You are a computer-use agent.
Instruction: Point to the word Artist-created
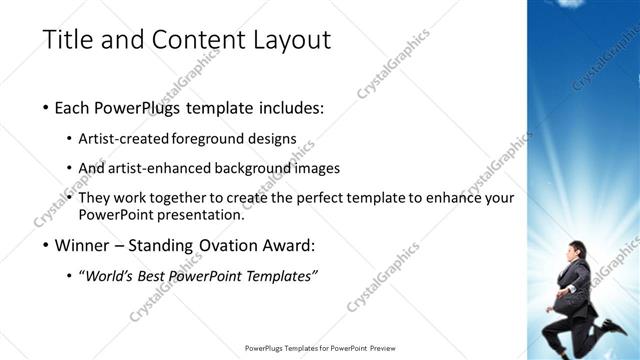click(x=124, y=139)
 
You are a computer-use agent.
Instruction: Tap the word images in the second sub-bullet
click(x=318, y=168)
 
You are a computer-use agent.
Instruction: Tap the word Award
click(x=291, y=244)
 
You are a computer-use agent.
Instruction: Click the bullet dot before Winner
click(x=46, y=245)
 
